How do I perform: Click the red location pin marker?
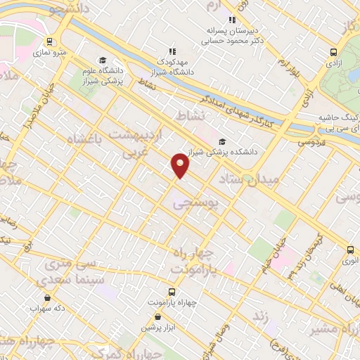tap(181, 165)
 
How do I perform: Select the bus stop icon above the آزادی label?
tap(335, 51)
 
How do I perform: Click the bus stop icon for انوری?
tap(349, 249)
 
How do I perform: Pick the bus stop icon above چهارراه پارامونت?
tap(172, 291)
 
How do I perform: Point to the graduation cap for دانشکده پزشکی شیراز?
tap(222, 141)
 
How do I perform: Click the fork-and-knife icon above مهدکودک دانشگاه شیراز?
tap(172, 51)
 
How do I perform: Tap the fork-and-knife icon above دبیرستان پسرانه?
tap(231, 20)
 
